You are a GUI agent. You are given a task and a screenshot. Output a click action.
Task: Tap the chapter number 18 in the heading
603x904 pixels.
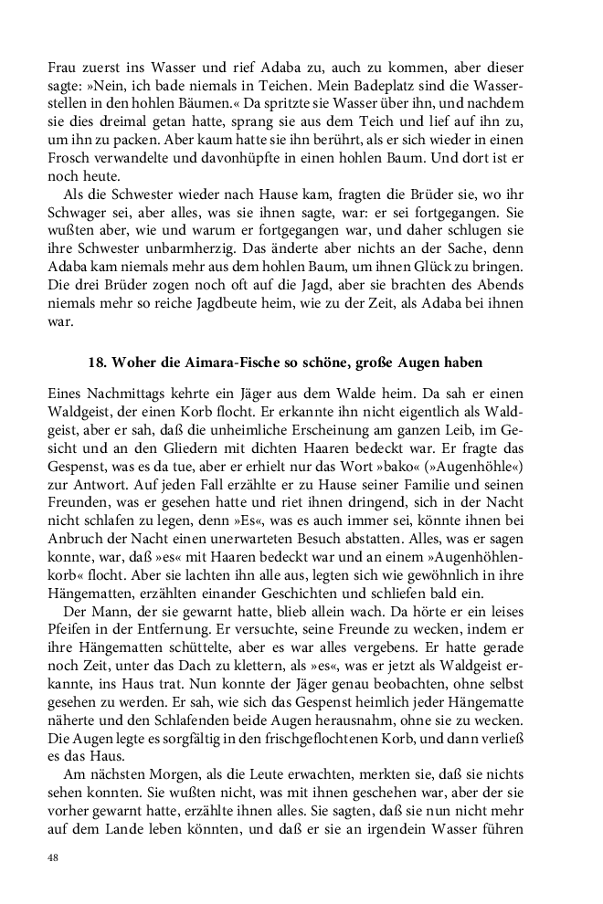tap(97, 363)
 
